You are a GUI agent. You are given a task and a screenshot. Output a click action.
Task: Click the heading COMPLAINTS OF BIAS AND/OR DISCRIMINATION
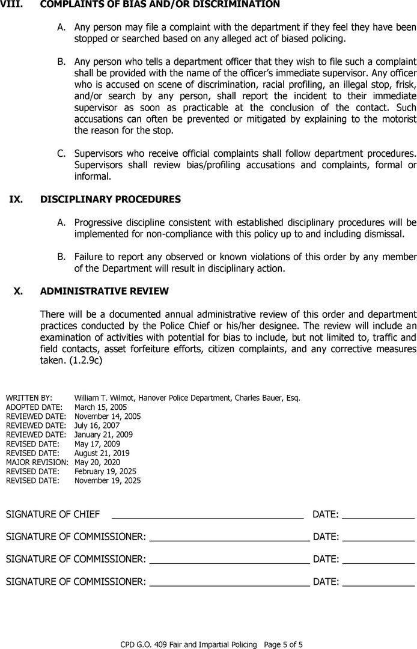[160, 5]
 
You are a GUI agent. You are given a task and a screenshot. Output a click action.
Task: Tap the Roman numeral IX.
[16, 199]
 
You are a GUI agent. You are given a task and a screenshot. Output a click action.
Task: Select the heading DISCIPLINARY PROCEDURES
[110, 199]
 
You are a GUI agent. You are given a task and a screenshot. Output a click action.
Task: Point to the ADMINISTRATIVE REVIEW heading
[104, 291]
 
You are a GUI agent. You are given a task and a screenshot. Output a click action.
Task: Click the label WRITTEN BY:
[29, 398]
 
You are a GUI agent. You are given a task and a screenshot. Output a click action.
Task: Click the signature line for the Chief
[207, 516]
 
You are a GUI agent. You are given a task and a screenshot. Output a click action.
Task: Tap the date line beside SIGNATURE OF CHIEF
[378, 516]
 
